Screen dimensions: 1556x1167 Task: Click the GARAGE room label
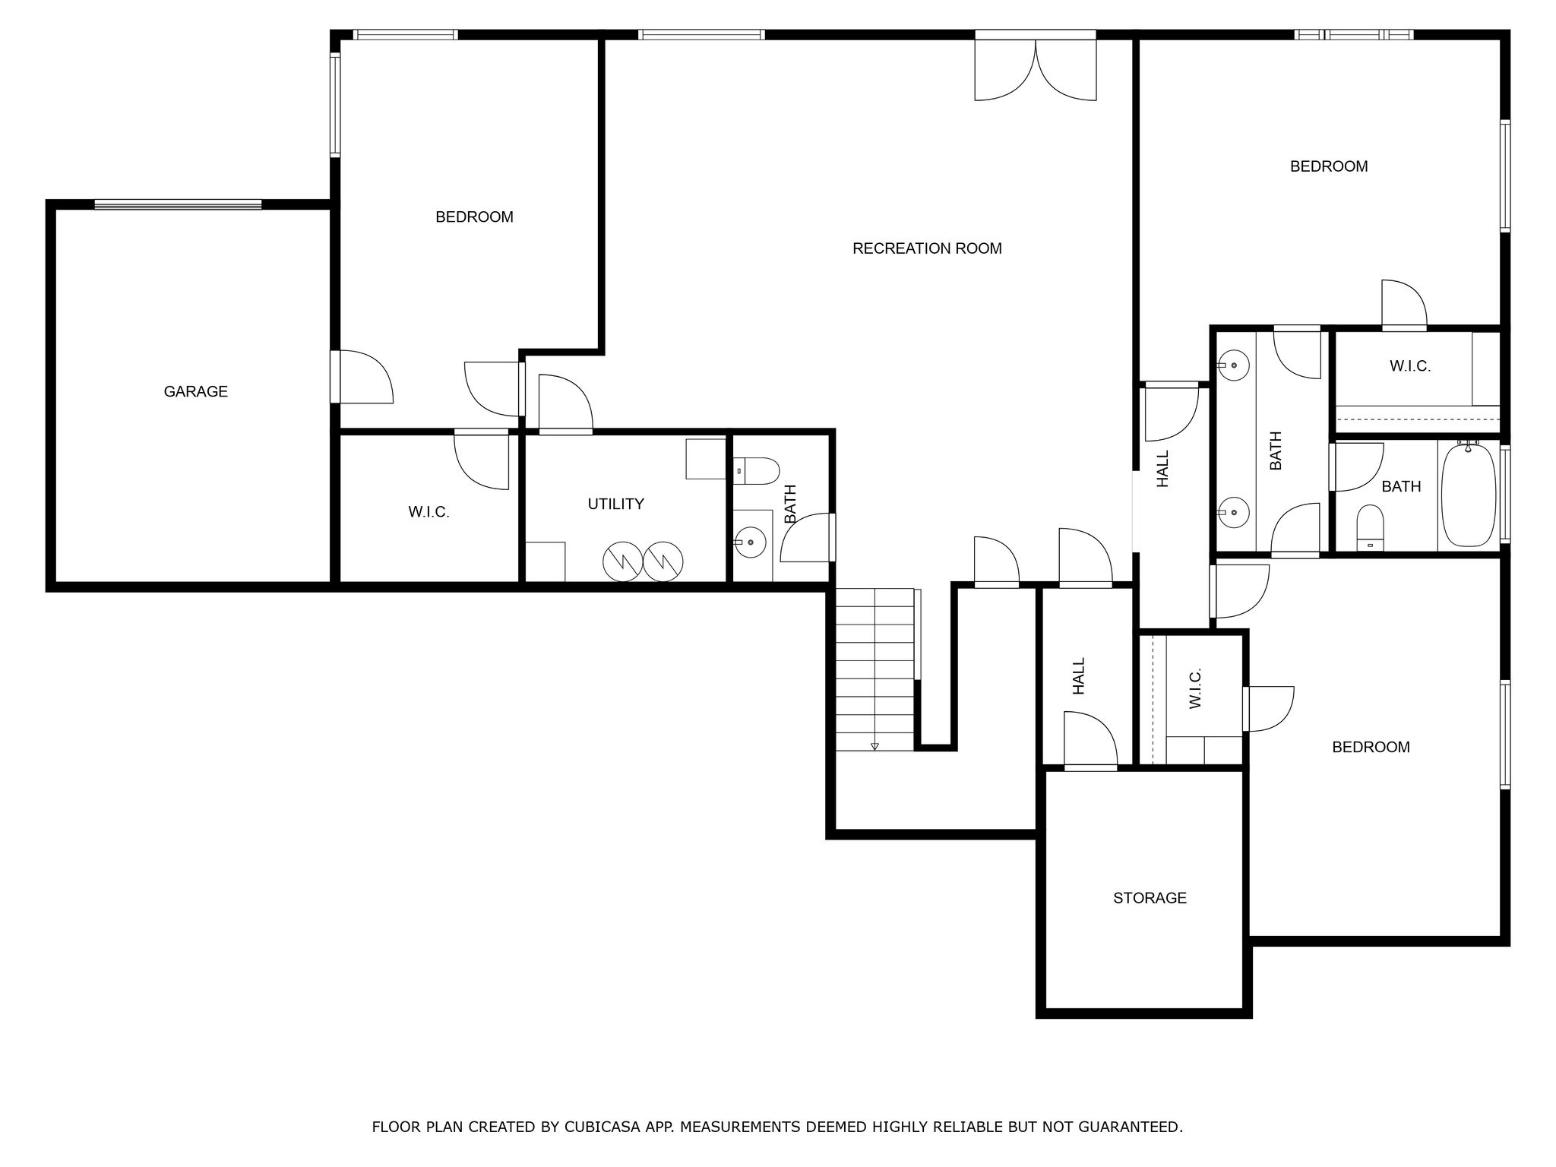click(196, 391)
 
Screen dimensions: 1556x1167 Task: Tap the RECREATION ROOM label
click(927, 248)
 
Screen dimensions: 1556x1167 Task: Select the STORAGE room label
click(1150, 898)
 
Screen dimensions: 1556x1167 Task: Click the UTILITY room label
click(615, 504)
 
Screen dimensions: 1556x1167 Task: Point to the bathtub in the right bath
click(1469, 495)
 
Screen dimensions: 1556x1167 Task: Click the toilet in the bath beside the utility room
click(757, 471)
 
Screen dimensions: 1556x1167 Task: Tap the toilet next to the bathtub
click(1371, 527)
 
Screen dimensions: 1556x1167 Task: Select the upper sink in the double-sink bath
click(1233, 365)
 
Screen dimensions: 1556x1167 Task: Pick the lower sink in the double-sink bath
click(1233, 513)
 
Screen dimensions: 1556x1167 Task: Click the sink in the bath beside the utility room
click(750, 542)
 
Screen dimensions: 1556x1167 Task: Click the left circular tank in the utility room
click(623, 562)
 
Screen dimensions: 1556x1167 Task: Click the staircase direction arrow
click(874, 746)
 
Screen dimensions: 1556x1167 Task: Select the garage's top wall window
click(178, 204)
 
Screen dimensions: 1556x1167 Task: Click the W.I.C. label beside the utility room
click(429, 513)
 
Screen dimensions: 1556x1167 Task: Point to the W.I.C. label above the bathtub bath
click(1410, 366)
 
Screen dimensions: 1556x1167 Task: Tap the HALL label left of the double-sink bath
click(1162, 469)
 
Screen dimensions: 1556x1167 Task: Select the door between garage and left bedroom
click(362, 377)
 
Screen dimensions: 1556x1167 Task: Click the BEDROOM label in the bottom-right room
click(1371, 748)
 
